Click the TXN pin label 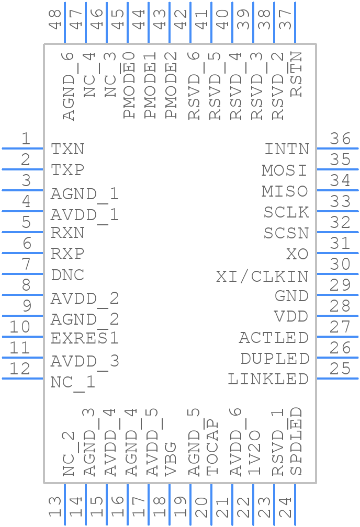[67, 150]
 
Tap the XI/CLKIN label [262, 276]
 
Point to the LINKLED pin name [268, 379]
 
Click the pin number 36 [340, 139]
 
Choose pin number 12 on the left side [20, 369]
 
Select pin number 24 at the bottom [285, 507]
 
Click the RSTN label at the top [296, 74]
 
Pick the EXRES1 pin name [85, 338]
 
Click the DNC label [67, 275]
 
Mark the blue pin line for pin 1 [22, 148]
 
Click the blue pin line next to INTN [337, 148]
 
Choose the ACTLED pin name [274, 338]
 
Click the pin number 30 [340, 265]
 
